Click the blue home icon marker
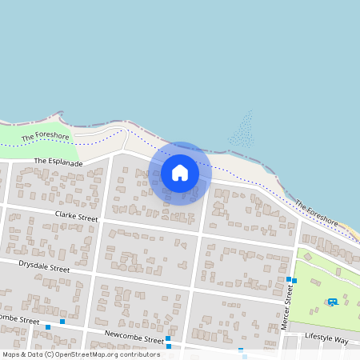coord(180,173)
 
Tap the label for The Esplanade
coord(58,162)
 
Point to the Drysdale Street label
coord(44,266)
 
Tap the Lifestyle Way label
coord(326,340)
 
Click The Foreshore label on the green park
coord(46,138)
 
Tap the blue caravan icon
coord(332,302)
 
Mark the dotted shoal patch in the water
coord(242,131)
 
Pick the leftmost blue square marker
coord(48,327)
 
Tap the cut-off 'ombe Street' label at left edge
coord(19,320)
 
